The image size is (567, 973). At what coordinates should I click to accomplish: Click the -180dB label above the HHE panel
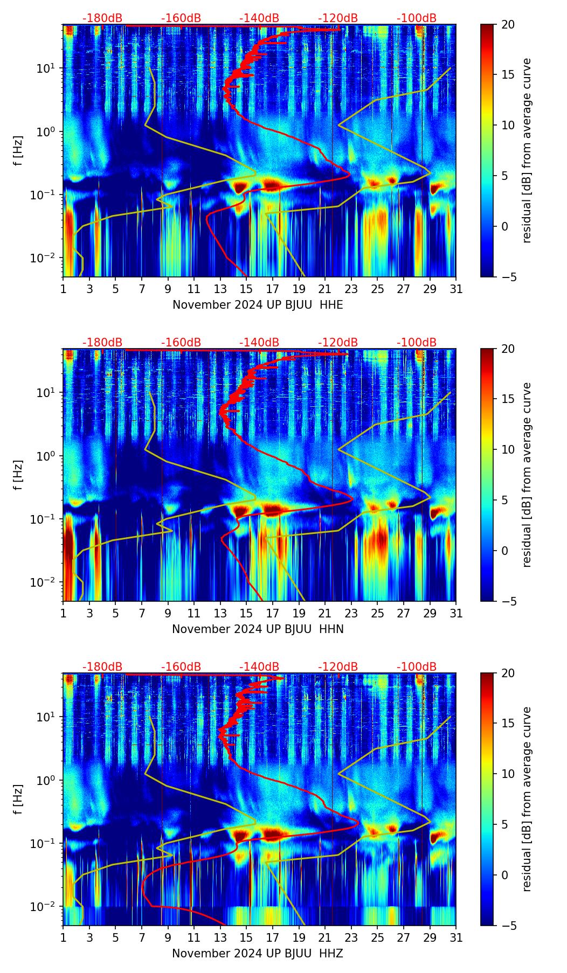click(x=102, y=18)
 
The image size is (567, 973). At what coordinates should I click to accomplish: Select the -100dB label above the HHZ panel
click(x=417, y=667)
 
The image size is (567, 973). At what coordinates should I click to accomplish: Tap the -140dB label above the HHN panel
click(x=259, y=343)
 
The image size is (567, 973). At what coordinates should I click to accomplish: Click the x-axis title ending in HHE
click(x=258, y=305)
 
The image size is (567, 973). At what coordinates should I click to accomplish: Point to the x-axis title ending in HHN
click(x=258, y=629)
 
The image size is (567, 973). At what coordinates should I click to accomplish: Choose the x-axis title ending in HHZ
click(x=258, y=954)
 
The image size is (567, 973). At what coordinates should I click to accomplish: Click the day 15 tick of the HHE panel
click(x=246, y=289)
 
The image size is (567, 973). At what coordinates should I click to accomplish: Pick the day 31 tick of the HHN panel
click(x=456, y=614)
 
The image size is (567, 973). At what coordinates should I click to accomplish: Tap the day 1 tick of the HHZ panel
click(x=63, y=938)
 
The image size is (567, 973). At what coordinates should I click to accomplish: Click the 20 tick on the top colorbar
click(x=508, y=24)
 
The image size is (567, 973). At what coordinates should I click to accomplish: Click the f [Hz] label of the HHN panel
click(x=18, y=475)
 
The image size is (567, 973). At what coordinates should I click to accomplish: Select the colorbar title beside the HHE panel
click(x=527, y=150)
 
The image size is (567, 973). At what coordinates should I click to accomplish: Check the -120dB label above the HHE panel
click(x=338, y=18)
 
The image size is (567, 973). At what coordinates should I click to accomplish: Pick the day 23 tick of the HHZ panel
click(x=351, y=938)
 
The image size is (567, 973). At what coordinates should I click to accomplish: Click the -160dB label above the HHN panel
click(x=181, y=343)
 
